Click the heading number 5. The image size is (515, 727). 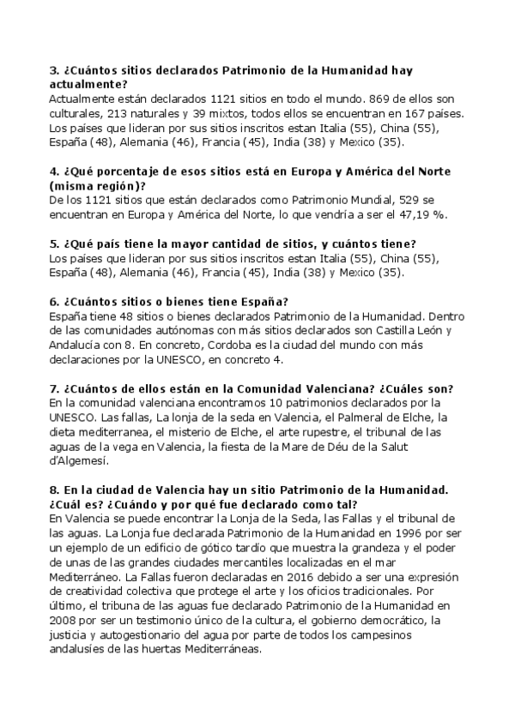point(54,243)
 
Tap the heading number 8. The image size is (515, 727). point(54,490)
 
